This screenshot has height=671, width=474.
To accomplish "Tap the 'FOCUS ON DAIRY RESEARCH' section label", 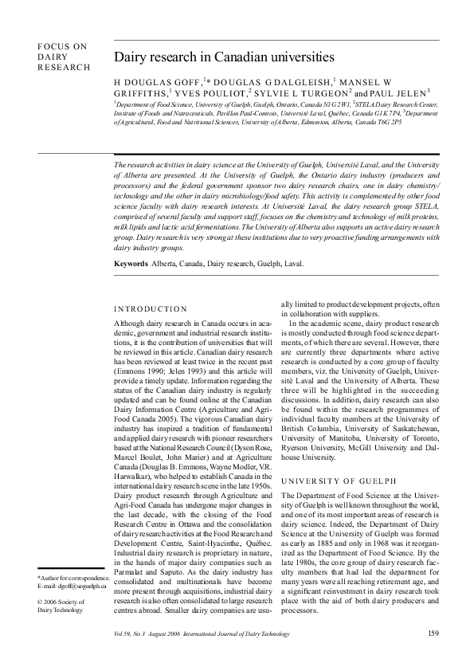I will [63, 57].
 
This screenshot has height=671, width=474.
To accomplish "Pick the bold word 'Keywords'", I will [131, 263].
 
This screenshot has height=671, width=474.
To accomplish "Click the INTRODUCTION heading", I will [151, 308].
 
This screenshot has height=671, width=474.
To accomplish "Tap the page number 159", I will [433, 634].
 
